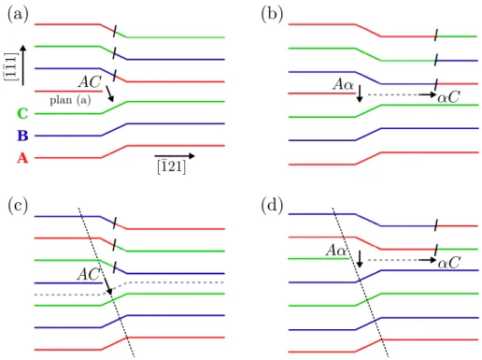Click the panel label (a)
point(18,15)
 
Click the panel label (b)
point(272,15)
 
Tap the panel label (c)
point(18,206)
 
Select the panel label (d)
point(272,206)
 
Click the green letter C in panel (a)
point(22,113)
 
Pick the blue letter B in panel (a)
point(22,136)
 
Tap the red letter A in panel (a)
point(22,158)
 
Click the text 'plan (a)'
point(70,100)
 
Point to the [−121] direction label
point(172,167)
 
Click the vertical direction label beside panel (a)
point(11,66)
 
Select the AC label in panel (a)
point(90,82)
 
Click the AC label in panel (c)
point(89,274)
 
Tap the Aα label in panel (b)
point(344,84)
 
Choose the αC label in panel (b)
point(448,97)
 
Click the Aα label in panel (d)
point(336,251)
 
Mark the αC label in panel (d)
point(448,264)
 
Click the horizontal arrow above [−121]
point(175,156)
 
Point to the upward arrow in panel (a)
point(23,65)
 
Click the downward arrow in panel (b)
point(360,94)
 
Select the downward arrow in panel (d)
point(360,259)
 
